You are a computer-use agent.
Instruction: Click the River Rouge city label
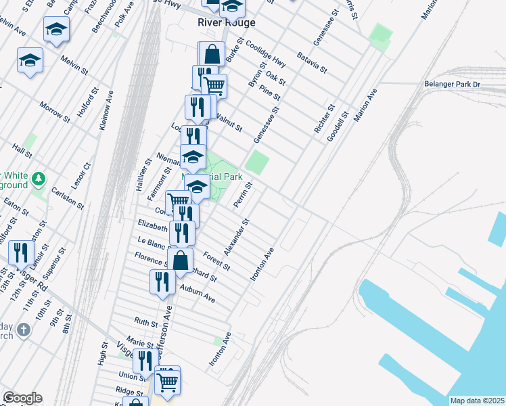[x=226, y=22]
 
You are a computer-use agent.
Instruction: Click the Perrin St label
[x=243, y=194]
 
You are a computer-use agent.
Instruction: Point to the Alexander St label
[x=241, y=232]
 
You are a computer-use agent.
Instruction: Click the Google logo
[x=22, y=398]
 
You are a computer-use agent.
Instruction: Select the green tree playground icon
[x=39, y=179]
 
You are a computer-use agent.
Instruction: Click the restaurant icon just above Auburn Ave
[x=161, y=281]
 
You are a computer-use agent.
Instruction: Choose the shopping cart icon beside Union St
[x=167, y=380]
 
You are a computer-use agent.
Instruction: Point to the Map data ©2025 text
[x=477, y=401]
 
